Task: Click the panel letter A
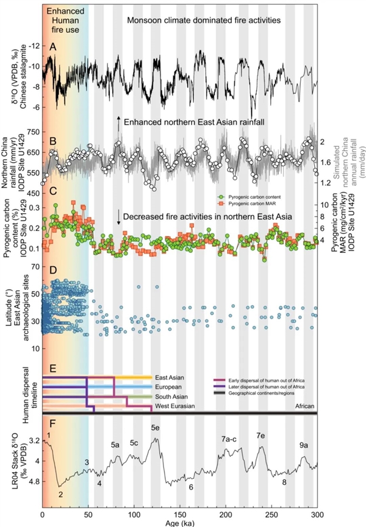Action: [x=53, y=46]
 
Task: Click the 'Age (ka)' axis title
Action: [x=179, y=522]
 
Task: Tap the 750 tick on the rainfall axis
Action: [x=31, y=132]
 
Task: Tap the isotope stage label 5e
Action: [x=156, y=428]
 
